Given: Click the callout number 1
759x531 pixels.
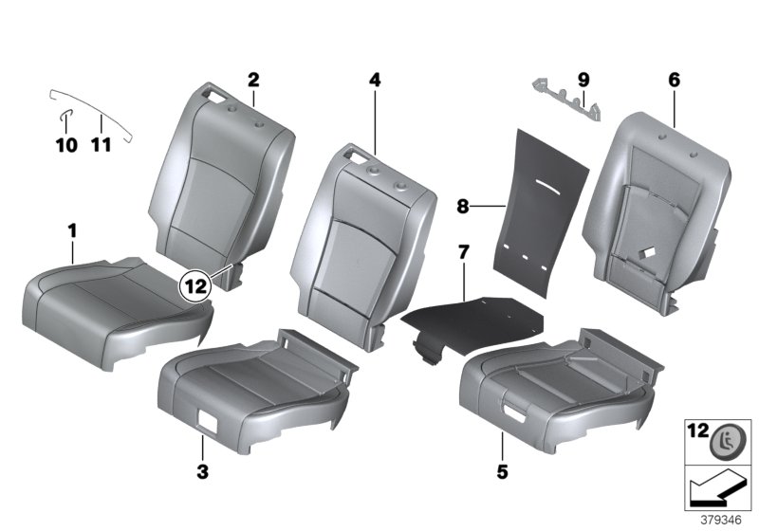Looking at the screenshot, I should (x=72, y=230).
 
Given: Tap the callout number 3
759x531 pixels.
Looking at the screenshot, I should (x=203, y=470).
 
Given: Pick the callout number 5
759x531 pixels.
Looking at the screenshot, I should (x=500, y=470).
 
